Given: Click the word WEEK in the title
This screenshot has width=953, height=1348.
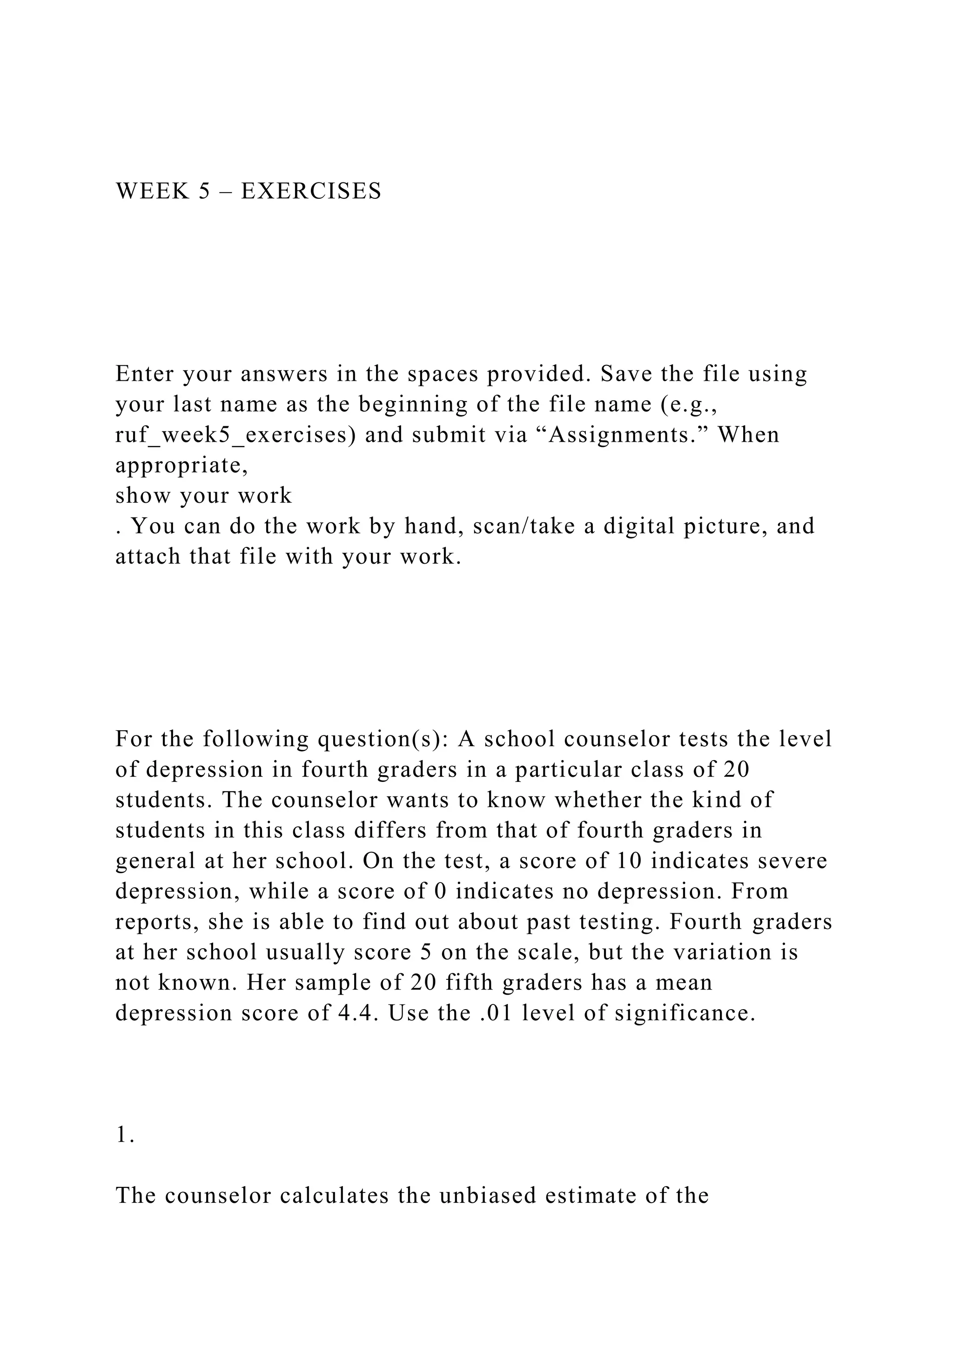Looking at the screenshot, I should click(x=153, y=191).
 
